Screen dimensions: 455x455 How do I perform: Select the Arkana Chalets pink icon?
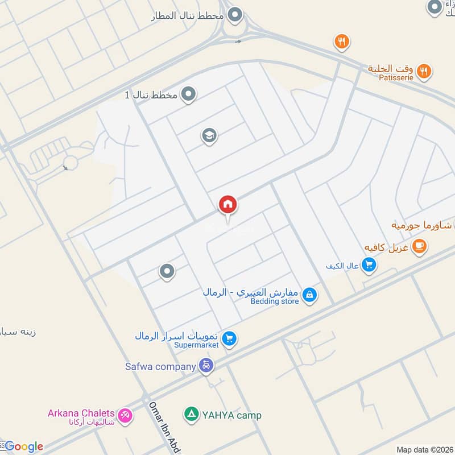point(125,416)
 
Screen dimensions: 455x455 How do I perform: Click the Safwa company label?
point(160,366)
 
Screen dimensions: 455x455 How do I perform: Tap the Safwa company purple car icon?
point(206,366)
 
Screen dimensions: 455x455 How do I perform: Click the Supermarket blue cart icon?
point(229,339)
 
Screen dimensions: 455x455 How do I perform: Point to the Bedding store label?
point(274,301)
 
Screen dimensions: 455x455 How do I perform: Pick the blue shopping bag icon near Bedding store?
point(309,295)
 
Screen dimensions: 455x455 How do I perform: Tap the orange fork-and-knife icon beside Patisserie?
point(423,72)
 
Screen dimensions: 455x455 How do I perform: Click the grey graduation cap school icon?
point(209,136)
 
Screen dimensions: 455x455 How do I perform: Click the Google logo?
point(24,446)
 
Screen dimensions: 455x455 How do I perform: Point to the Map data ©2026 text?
point(424,449)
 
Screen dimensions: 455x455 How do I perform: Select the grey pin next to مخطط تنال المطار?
point(234,15)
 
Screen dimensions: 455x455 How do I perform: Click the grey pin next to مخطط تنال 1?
point(188,94)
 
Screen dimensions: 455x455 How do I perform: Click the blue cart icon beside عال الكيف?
point(369,264)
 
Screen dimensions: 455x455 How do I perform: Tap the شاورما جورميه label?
point(421,225)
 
